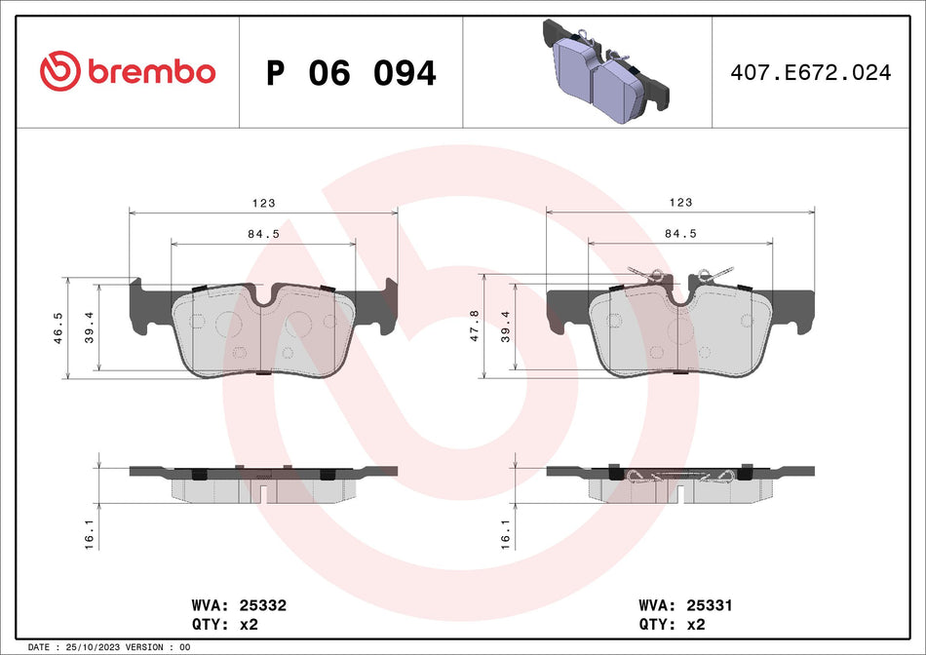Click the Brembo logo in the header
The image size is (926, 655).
click(128, 71)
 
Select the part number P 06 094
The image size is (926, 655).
click(351, 73)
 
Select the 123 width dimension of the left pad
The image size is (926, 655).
click(263, 203)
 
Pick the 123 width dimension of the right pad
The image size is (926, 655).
click(680, 203)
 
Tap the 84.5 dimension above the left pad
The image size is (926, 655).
click(263, 233)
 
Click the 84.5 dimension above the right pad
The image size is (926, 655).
click(680, 233)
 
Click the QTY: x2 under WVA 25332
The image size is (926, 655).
click(230, 623)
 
